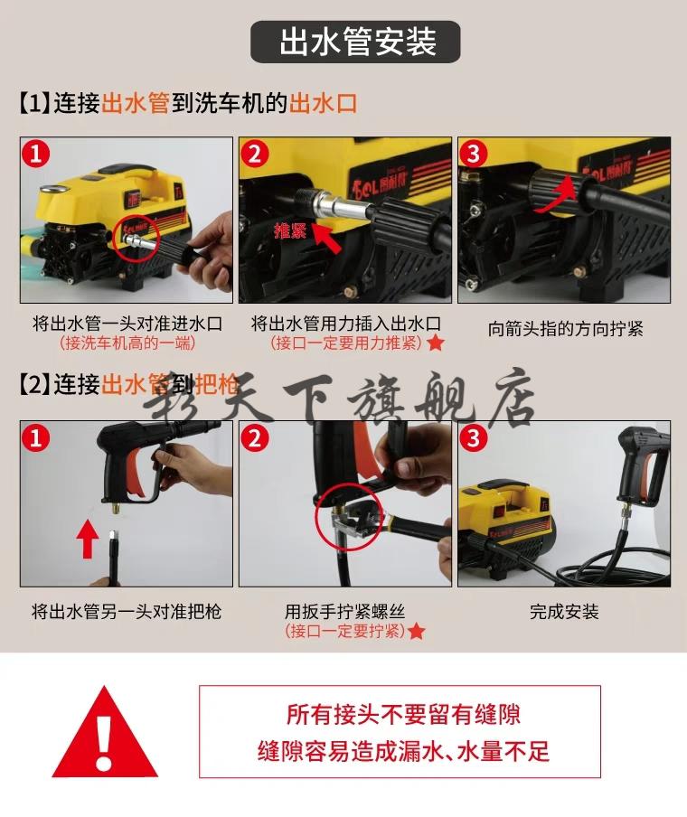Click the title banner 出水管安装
(356, 42)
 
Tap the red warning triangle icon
(107, 733)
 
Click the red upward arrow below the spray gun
(87, 540)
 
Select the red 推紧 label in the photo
(291, 230)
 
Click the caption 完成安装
(564, 612)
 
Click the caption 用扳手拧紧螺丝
(344, 612)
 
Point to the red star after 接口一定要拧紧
(416, 631)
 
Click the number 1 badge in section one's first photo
(36, 154)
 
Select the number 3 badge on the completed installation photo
(474, 439)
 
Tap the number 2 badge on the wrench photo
(255, 439)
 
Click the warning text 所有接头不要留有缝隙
(403, 715)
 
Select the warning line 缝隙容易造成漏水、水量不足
(403, 751)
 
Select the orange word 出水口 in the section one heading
(323, 103)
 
